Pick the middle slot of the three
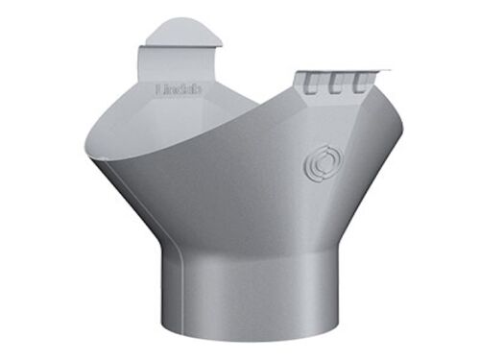[337, 82]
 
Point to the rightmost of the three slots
[360, 81]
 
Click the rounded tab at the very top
[182, 31]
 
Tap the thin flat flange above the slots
[346, 71]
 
